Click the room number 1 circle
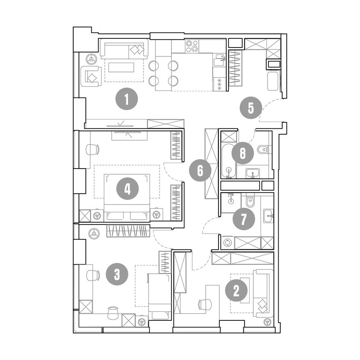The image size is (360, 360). click(126, 100)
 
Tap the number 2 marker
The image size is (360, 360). click(236, 291)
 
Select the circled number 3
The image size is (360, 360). click(117, 274)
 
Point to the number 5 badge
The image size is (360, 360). click(251, 108)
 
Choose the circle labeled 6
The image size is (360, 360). click(200, 171)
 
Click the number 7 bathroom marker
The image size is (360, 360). click(243, 219)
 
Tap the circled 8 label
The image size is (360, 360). click(243, 153)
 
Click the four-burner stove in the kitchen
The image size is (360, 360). click(192, 46)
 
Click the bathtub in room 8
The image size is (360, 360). click(229, 161)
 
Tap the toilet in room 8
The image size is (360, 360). click(263, 149)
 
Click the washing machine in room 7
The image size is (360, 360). click(228, 243)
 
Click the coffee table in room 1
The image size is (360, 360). click(122, 67)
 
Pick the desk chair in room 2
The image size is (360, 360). click(205, 305)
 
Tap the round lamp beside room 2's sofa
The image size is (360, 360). click(267, 322)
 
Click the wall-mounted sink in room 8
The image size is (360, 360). click(253, 173)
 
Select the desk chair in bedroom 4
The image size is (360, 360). click(92, 149)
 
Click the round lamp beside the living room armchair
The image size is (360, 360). click(91, 59)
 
